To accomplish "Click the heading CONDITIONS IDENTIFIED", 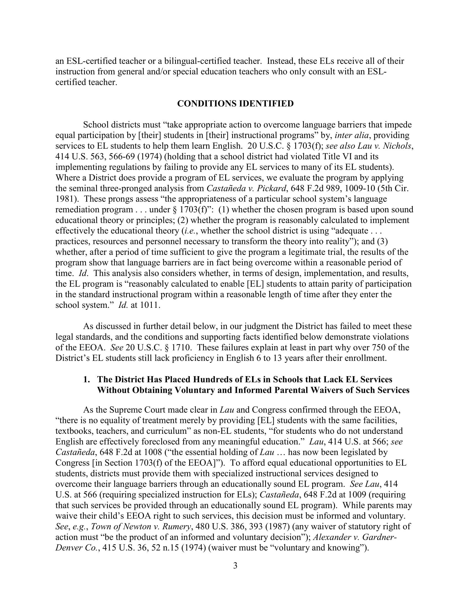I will click(235, 104).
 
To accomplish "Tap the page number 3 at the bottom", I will click(235, 566).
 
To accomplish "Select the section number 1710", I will click(180, 348).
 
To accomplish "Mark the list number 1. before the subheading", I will click(87, 380).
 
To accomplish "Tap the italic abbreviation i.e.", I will click(191, 231).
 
